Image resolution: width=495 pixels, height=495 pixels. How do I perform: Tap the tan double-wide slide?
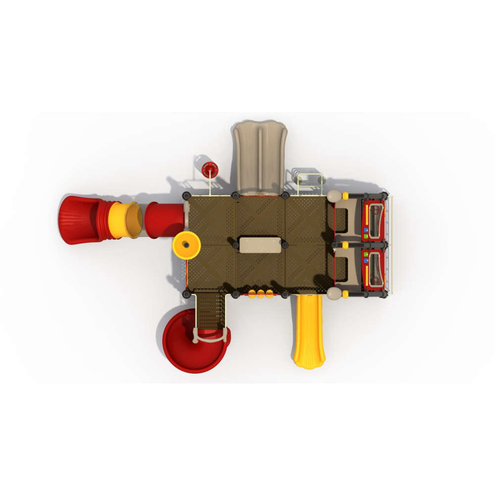(x=260, y=156)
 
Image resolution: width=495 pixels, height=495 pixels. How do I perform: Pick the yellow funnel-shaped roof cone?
(x=187, y=245)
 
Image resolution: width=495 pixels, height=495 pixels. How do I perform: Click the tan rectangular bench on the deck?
(x=260, y=245)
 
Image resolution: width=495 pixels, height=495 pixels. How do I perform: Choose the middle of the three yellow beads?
(x=260, y=294)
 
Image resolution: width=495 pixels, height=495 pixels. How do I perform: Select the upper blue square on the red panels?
(x=366, y=230)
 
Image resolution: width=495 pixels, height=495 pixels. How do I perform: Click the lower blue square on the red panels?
(x=366, y=260)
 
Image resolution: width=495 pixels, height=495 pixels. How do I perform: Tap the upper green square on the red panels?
(x=366, y=237)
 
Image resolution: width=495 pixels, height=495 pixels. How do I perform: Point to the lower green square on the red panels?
(x=366, y=253)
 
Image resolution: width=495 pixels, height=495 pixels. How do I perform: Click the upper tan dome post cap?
(x=334, y=196)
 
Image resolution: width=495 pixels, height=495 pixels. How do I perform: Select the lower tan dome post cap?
(x=334, y=294)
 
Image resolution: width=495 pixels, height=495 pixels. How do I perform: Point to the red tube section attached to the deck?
(x=164, y=220)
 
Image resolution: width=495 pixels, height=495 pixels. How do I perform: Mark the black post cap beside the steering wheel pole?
(x=187, y=196)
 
